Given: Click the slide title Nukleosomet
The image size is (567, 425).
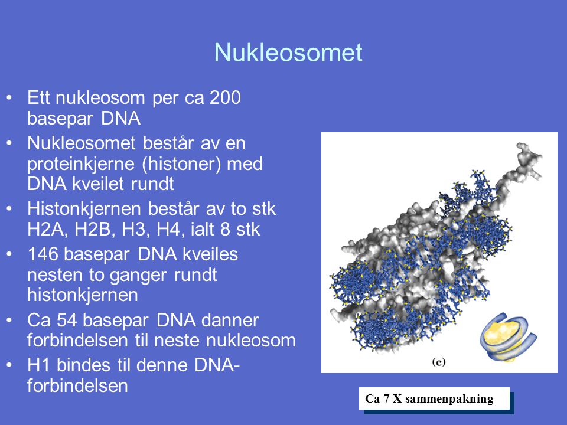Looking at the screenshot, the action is [288, 53].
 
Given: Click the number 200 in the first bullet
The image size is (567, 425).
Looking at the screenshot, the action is [225, 97].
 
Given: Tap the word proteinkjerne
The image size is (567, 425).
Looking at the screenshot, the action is [81, 165].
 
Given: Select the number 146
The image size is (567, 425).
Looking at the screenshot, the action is [43, 254].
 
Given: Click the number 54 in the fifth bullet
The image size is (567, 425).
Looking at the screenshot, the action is [67, 320].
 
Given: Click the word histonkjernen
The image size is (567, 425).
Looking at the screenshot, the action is [83, 295].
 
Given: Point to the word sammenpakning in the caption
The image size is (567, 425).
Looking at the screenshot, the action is [449, 399].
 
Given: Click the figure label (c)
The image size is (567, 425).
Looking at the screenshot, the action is [439, 362].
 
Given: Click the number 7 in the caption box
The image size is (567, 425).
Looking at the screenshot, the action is [386, 398].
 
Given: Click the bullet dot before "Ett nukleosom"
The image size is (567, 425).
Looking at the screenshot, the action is [9, 97].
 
